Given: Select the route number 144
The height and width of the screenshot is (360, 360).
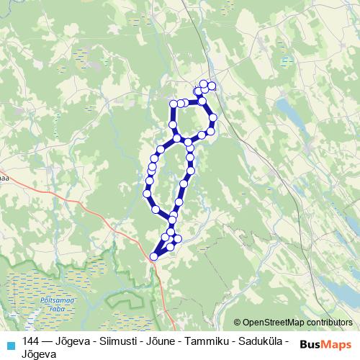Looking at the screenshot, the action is [x=31, y=341].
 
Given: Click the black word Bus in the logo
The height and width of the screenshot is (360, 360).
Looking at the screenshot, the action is [x=310, y=345].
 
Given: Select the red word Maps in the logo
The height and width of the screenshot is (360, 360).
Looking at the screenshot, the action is [x=337, y=345].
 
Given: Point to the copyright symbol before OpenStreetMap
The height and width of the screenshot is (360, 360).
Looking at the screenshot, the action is [x=238, y=323].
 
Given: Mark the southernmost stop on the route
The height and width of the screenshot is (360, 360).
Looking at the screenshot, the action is [x=153, y=256].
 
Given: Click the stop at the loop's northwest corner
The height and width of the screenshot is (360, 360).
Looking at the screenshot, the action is [x=174, y=104].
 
